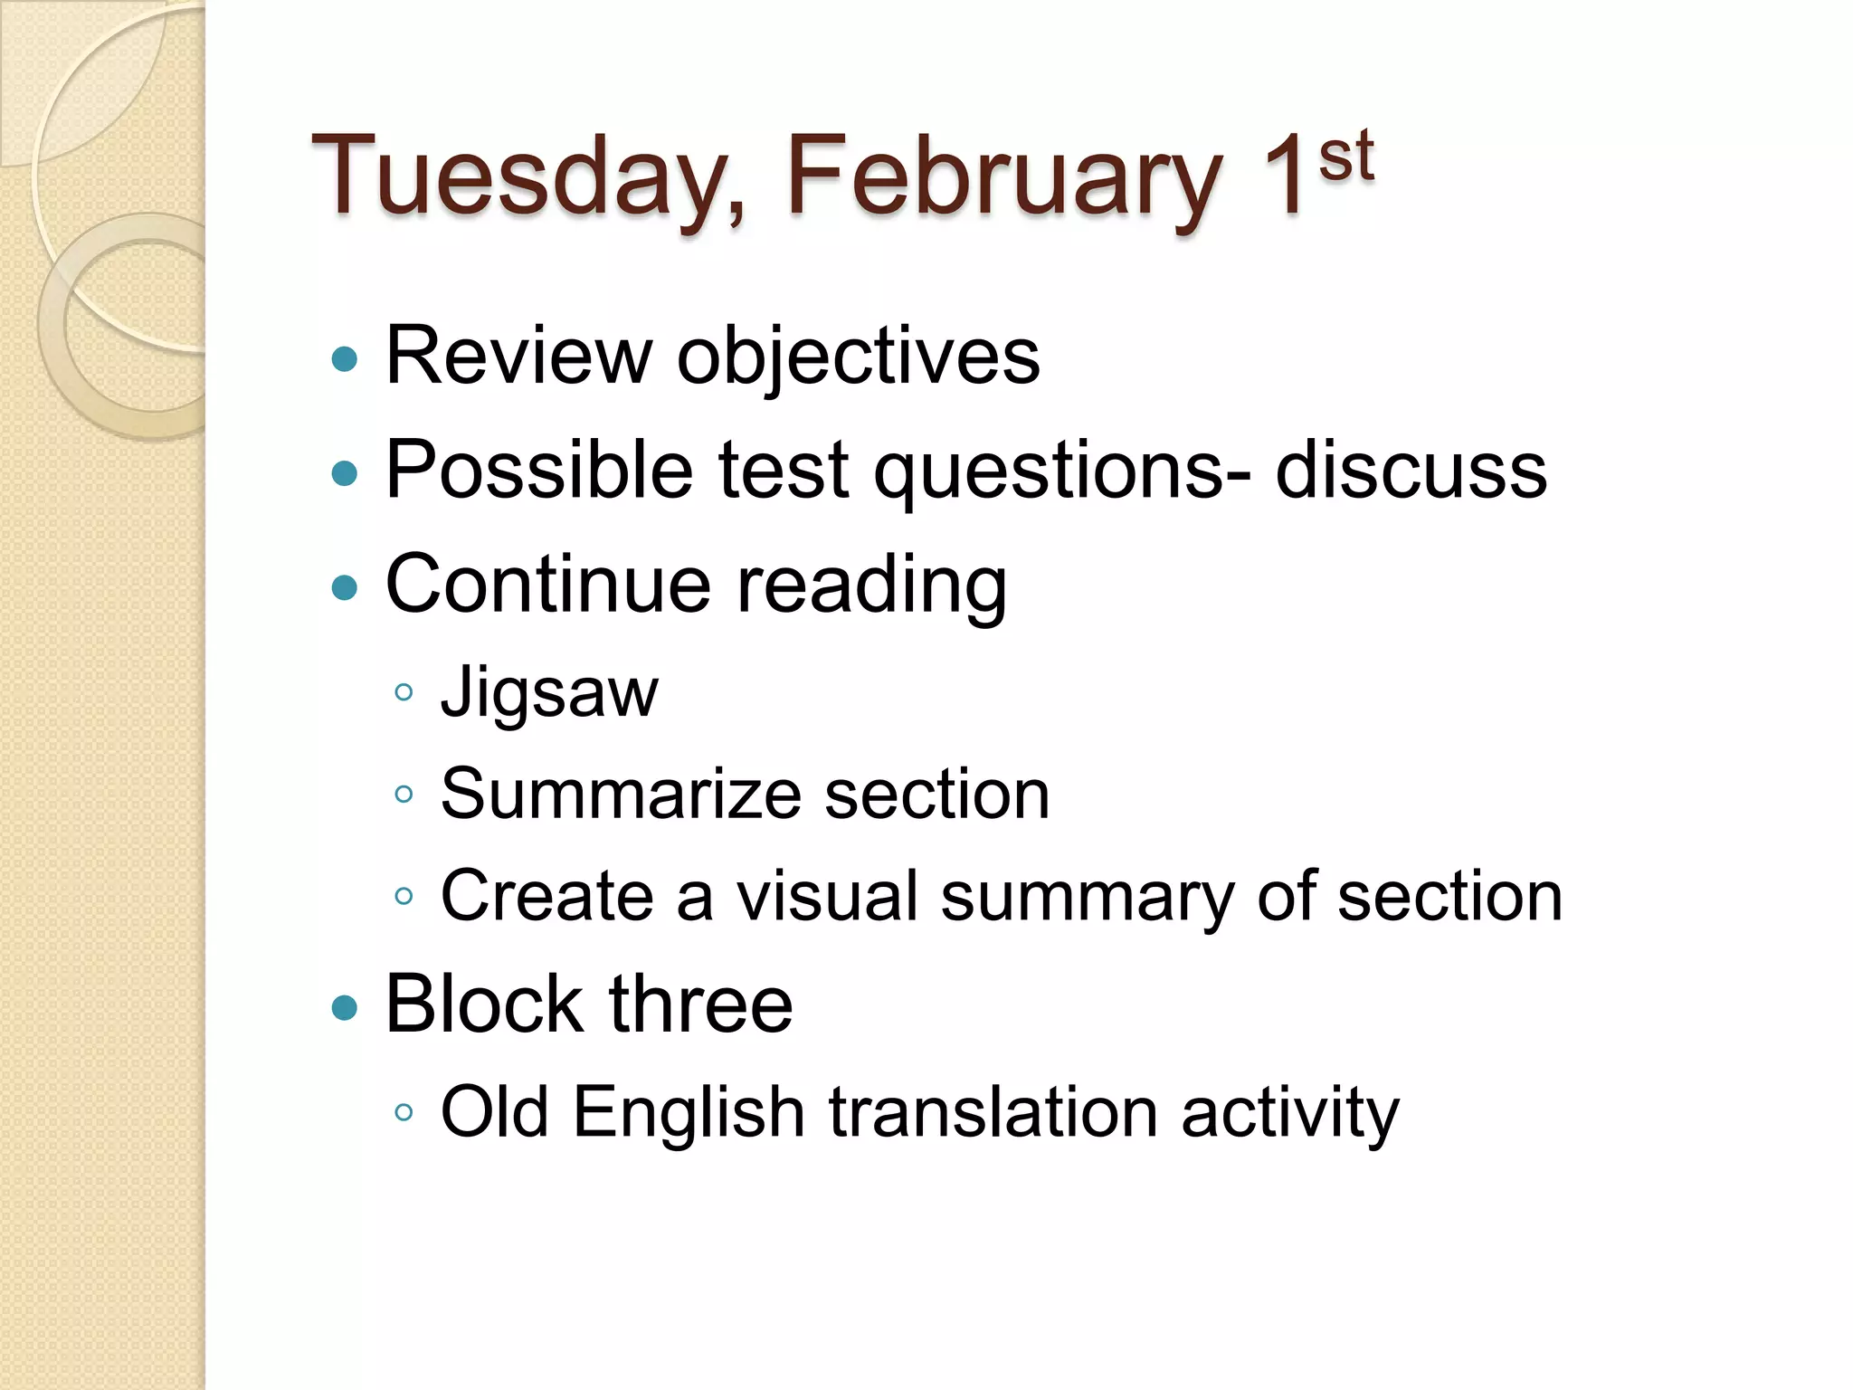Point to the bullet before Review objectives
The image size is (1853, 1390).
(x=345, y=359)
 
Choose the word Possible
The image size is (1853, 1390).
(x=539, y=471)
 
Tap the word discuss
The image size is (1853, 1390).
(x=1411, y=471)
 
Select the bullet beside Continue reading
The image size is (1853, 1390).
(x=345, y=589)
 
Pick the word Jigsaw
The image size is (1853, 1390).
(x=549, y=693)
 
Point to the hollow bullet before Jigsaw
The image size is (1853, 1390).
(x=404, y=694)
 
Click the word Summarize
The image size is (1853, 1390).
(x=621, y=794)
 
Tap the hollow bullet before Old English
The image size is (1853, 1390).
(x=404, y=1113)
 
